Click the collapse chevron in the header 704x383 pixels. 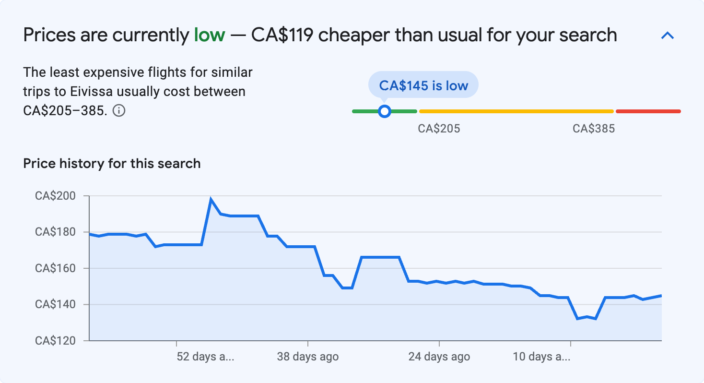pyautogui.click(x=668, y=36)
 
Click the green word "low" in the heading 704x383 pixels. pyautogui.click(x=209, y=35)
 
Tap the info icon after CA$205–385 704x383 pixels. pyautogui.click(x=119, y=111)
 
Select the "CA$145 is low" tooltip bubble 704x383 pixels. pyautogui.click(x=423, y=85)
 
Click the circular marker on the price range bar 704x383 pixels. pyautogui.click(x=384, y=111)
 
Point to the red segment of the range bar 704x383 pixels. pyautogui.click(x=648, y=111)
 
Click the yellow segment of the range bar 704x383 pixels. pyautogui.click(x=516, y=111)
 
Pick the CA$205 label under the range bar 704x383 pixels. pyautogui.click(x=439, y=129)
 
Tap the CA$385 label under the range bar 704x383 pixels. pyautogui.click(x=594, y=129)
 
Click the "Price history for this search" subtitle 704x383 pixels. pyautogui.click(x=112, y=164)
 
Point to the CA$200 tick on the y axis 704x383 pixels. pyautogui.click(x=56, y=196)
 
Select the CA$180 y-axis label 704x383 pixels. pyautogui.click(x=56, y=232)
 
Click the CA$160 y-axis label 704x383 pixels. pyautogui.click(x=56, y=268)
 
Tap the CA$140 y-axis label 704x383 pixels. pyautogui.click(x=56, y=305)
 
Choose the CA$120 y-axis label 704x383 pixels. pyautogui.click(x=56, y=341)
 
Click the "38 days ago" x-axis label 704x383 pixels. pyautogui.click(x=307, y=357)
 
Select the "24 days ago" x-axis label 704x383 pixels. pyautogui.click(x=439, y=357)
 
